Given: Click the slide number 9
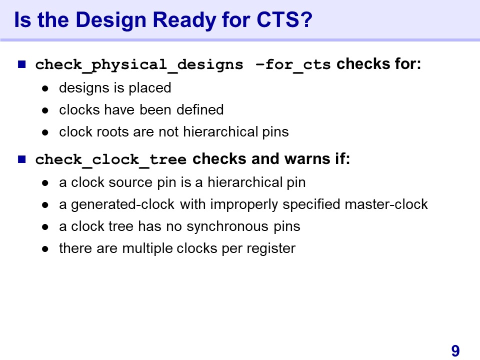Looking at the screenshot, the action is tap(455, 351).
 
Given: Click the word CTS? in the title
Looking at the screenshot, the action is tap(284, 19).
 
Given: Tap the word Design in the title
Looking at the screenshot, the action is tap(111, 20).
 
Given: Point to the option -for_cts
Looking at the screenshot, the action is tap(293, 65).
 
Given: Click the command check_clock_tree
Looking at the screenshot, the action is tap(111, 160).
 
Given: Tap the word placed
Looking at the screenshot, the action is tap(149, 88).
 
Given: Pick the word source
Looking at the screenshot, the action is tap(130, 183).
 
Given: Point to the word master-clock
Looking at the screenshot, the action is tap(386, 204).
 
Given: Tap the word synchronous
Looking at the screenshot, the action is tap(227, 227).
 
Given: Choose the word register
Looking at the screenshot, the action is tap(271, 249).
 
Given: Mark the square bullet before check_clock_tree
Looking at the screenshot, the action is tap(21, 159).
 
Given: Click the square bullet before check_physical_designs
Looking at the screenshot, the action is tap(21, 64).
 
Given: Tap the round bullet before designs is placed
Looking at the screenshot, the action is tap(45, 89).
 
